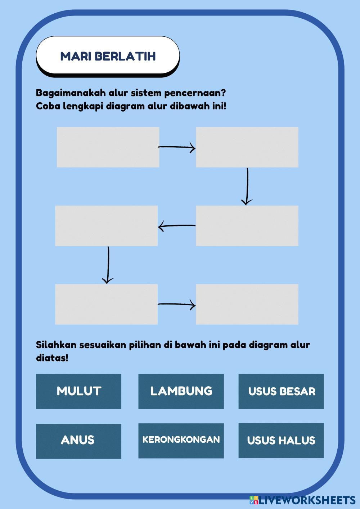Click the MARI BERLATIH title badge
click(108, 56)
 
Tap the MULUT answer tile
click(78, 391)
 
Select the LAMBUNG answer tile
click(181, 391)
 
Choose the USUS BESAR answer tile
click(281, 391)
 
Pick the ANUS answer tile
click(78, 441)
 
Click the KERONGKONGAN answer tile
click(181, 440)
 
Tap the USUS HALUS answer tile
click(281, 440)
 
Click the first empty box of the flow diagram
click(108, 147)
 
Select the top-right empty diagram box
click(247, 147)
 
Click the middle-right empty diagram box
click(247, 226)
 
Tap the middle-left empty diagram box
click(107, 226)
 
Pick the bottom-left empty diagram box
click(107, 304)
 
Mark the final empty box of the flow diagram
click(247, 304)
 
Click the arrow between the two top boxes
click(177, 147)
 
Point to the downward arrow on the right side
click(247, 186)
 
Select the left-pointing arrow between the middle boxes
click(177, 226)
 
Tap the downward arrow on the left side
click(108, 265)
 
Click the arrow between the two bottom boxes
click(177, 305)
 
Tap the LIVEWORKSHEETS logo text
click(307, 500)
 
